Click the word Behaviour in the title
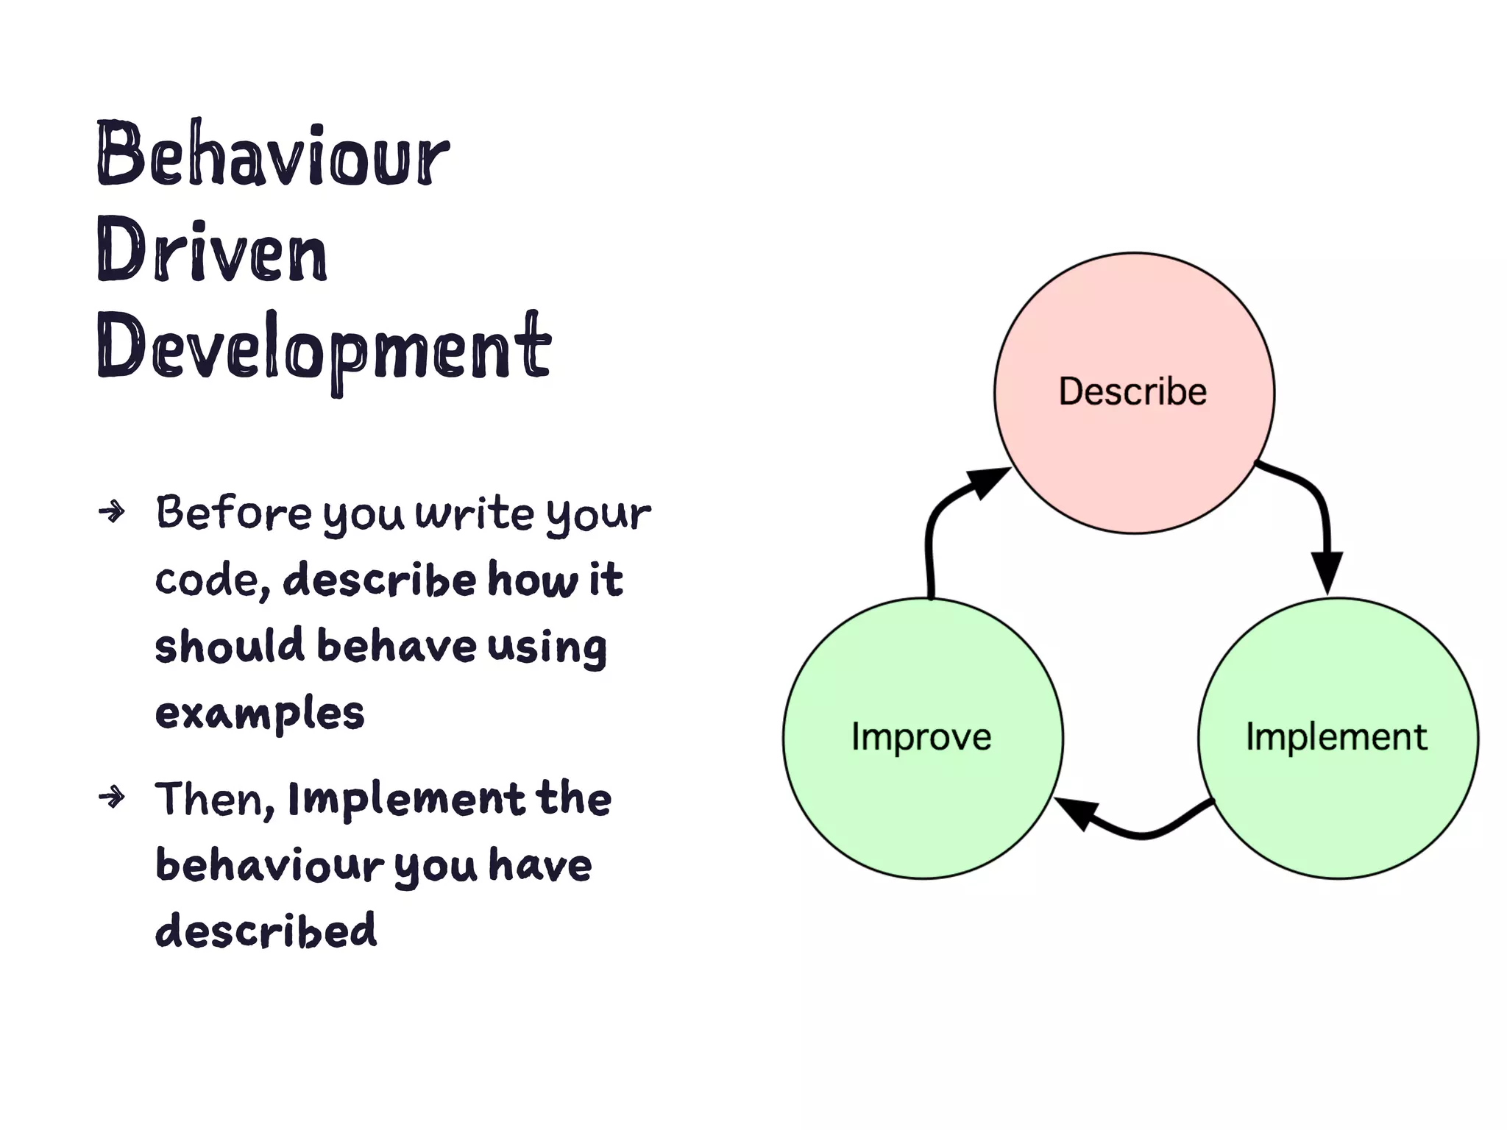pos(272,154)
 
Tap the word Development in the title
pos(324,347)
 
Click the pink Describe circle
pos(1134,441)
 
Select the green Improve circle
pos(923,795)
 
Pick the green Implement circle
pos(1338,795)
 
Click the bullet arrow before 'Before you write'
pos(112,511)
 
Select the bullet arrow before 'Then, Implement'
pos(112,796)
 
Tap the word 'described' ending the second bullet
pos(266,931)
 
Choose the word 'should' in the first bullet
pos(229,646)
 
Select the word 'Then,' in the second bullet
pos(214,800)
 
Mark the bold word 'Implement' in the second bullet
pos(406,800)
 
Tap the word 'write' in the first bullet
pos(475,513)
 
